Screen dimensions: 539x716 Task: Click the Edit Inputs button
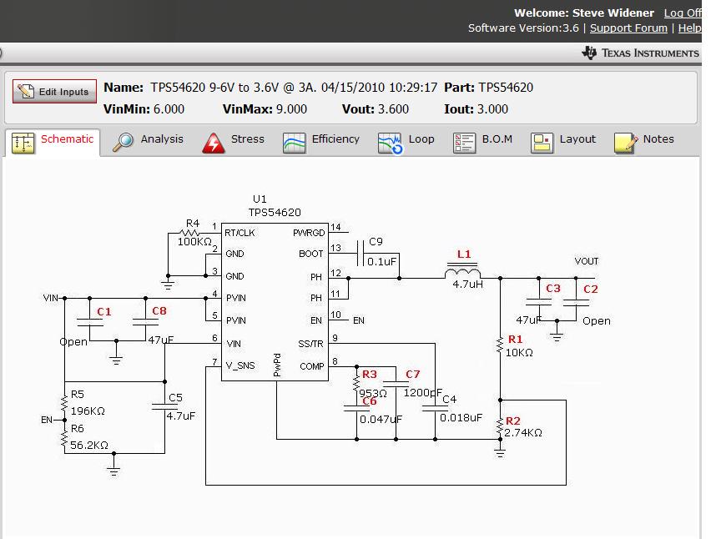(55, 92)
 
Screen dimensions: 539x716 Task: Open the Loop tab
(406, 140)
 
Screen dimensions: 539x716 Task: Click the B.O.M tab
(483, 140)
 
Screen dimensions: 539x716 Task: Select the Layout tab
(564, 140)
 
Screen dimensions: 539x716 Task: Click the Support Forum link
(628, 28)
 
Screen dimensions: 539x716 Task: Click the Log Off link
(682, 13)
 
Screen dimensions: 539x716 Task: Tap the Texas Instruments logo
(640, 53)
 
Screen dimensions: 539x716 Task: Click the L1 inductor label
(464, 254)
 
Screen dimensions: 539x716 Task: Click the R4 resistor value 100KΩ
(194, 241)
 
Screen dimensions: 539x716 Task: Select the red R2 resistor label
(512, 421)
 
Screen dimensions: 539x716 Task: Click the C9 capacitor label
(376, 242)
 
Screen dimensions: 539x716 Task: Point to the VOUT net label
(587, 262)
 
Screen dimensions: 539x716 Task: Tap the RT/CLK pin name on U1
(240, 233)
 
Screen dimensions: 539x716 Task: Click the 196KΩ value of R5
(88, 411)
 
